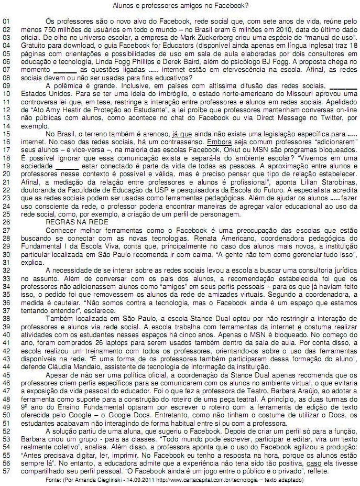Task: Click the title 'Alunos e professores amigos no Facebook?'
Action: (180, 6)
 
